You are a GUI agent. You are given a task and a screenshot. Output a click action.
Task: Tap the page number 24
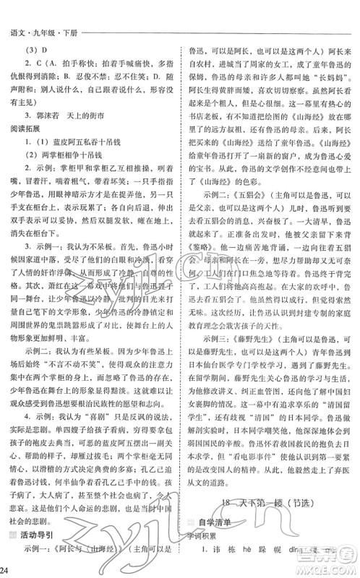[7, 571]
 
